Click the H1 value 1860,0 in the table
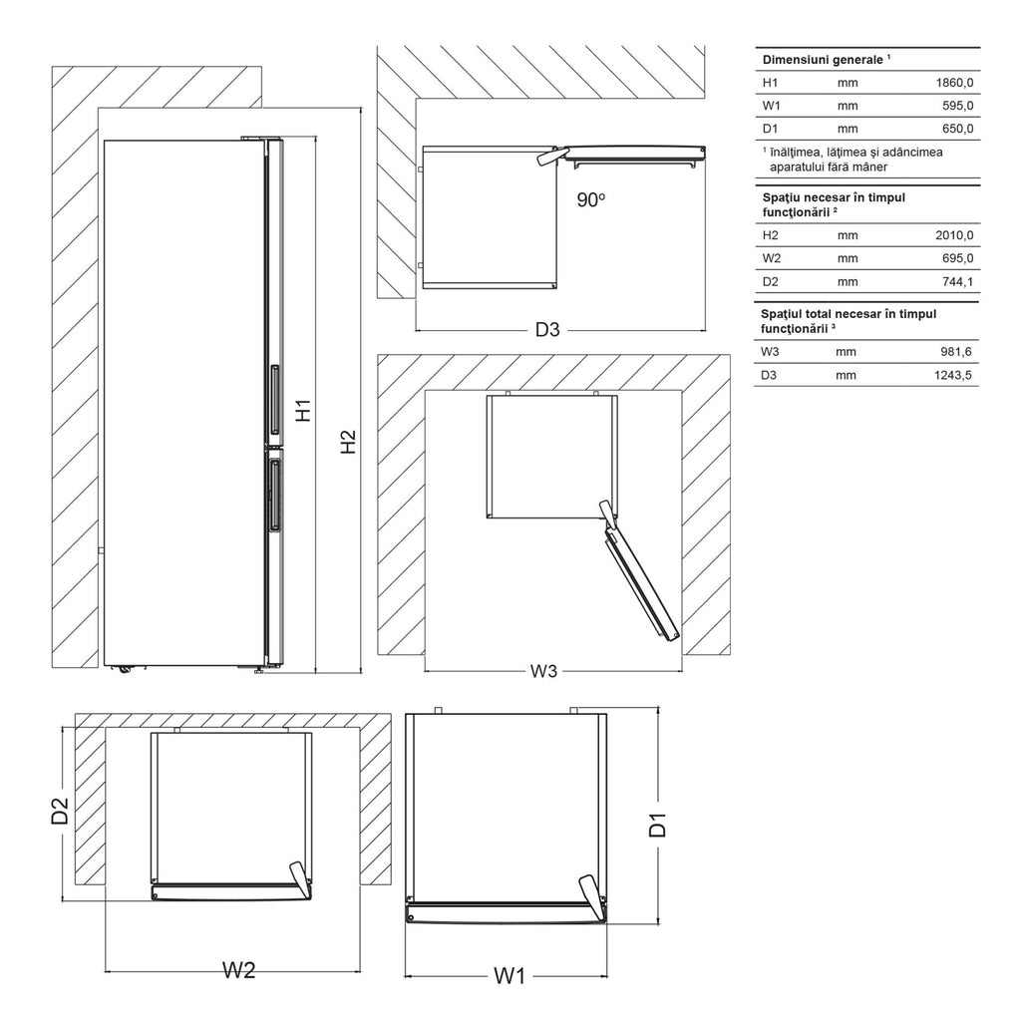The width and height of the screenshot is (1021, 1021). [954, 83]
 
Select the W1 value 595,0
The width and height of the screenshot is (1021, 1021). [958, 106]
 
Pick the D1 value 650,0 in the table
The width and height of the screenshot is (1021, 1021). [958, 129]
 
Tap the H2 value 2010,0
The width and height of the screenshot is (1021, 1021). [954, 235]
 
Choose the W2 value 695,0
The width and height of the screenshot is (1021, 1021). [958, 258]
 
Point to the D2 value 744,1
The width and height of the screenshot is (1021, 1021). [958, 281]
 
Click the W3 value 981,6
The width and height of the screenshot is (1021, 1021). [956, 352]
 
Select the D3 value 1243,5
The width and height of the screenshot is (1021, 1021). [953, 375]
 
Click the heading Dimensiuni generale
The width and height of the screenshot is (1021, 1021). [823, 59]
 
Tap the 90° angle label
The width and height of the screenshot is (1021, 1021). [591, 199]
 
